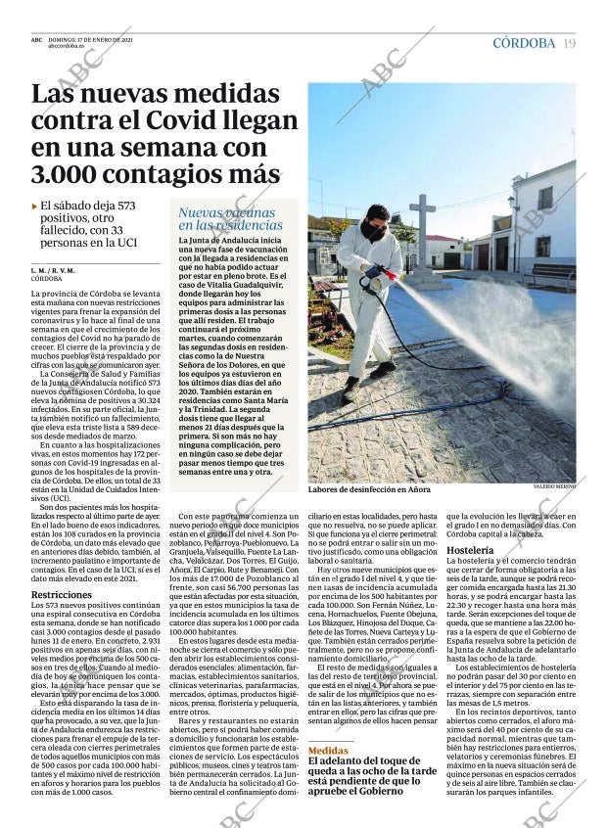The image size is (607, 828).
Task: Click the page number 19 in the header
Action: tap(569, 43)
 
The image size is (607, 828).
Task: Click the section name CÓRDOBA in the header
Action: tap(524, 43)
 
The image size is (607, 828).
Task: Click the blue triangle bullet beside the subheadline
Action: tap(35, 207)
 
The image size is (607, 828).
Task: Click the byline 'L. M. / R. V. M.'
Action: tap(53, 269)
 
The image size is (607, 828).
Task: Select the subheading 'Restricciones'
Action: tap(62, 595)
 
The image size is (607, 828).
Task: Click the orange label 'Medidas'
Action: tap(327, 750)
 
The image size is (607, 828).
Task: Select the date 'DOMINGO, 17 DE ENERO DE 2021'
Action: tap(90, 38)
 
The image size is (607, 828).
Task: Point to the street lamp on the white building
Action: tap(511, 205)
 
